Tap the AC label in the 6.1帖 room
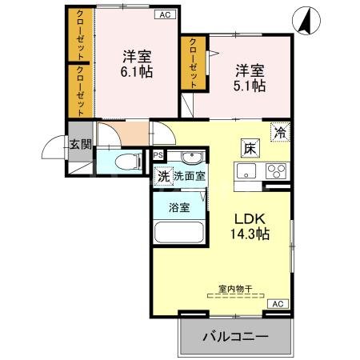tap(163, 14)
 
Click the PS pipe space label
tap(158, 155)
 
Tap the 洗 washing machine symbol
tap(162, 176)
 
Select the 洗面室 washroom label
tap(190, 176)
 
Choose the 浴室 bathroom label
tap(178, 207)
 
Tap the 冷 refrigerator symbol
tap(280, 132)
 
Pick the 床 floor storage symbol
tap(249, 147)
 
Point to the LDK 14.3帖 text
tap(250, 226)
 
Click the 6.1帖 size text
tap(138, 70)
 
